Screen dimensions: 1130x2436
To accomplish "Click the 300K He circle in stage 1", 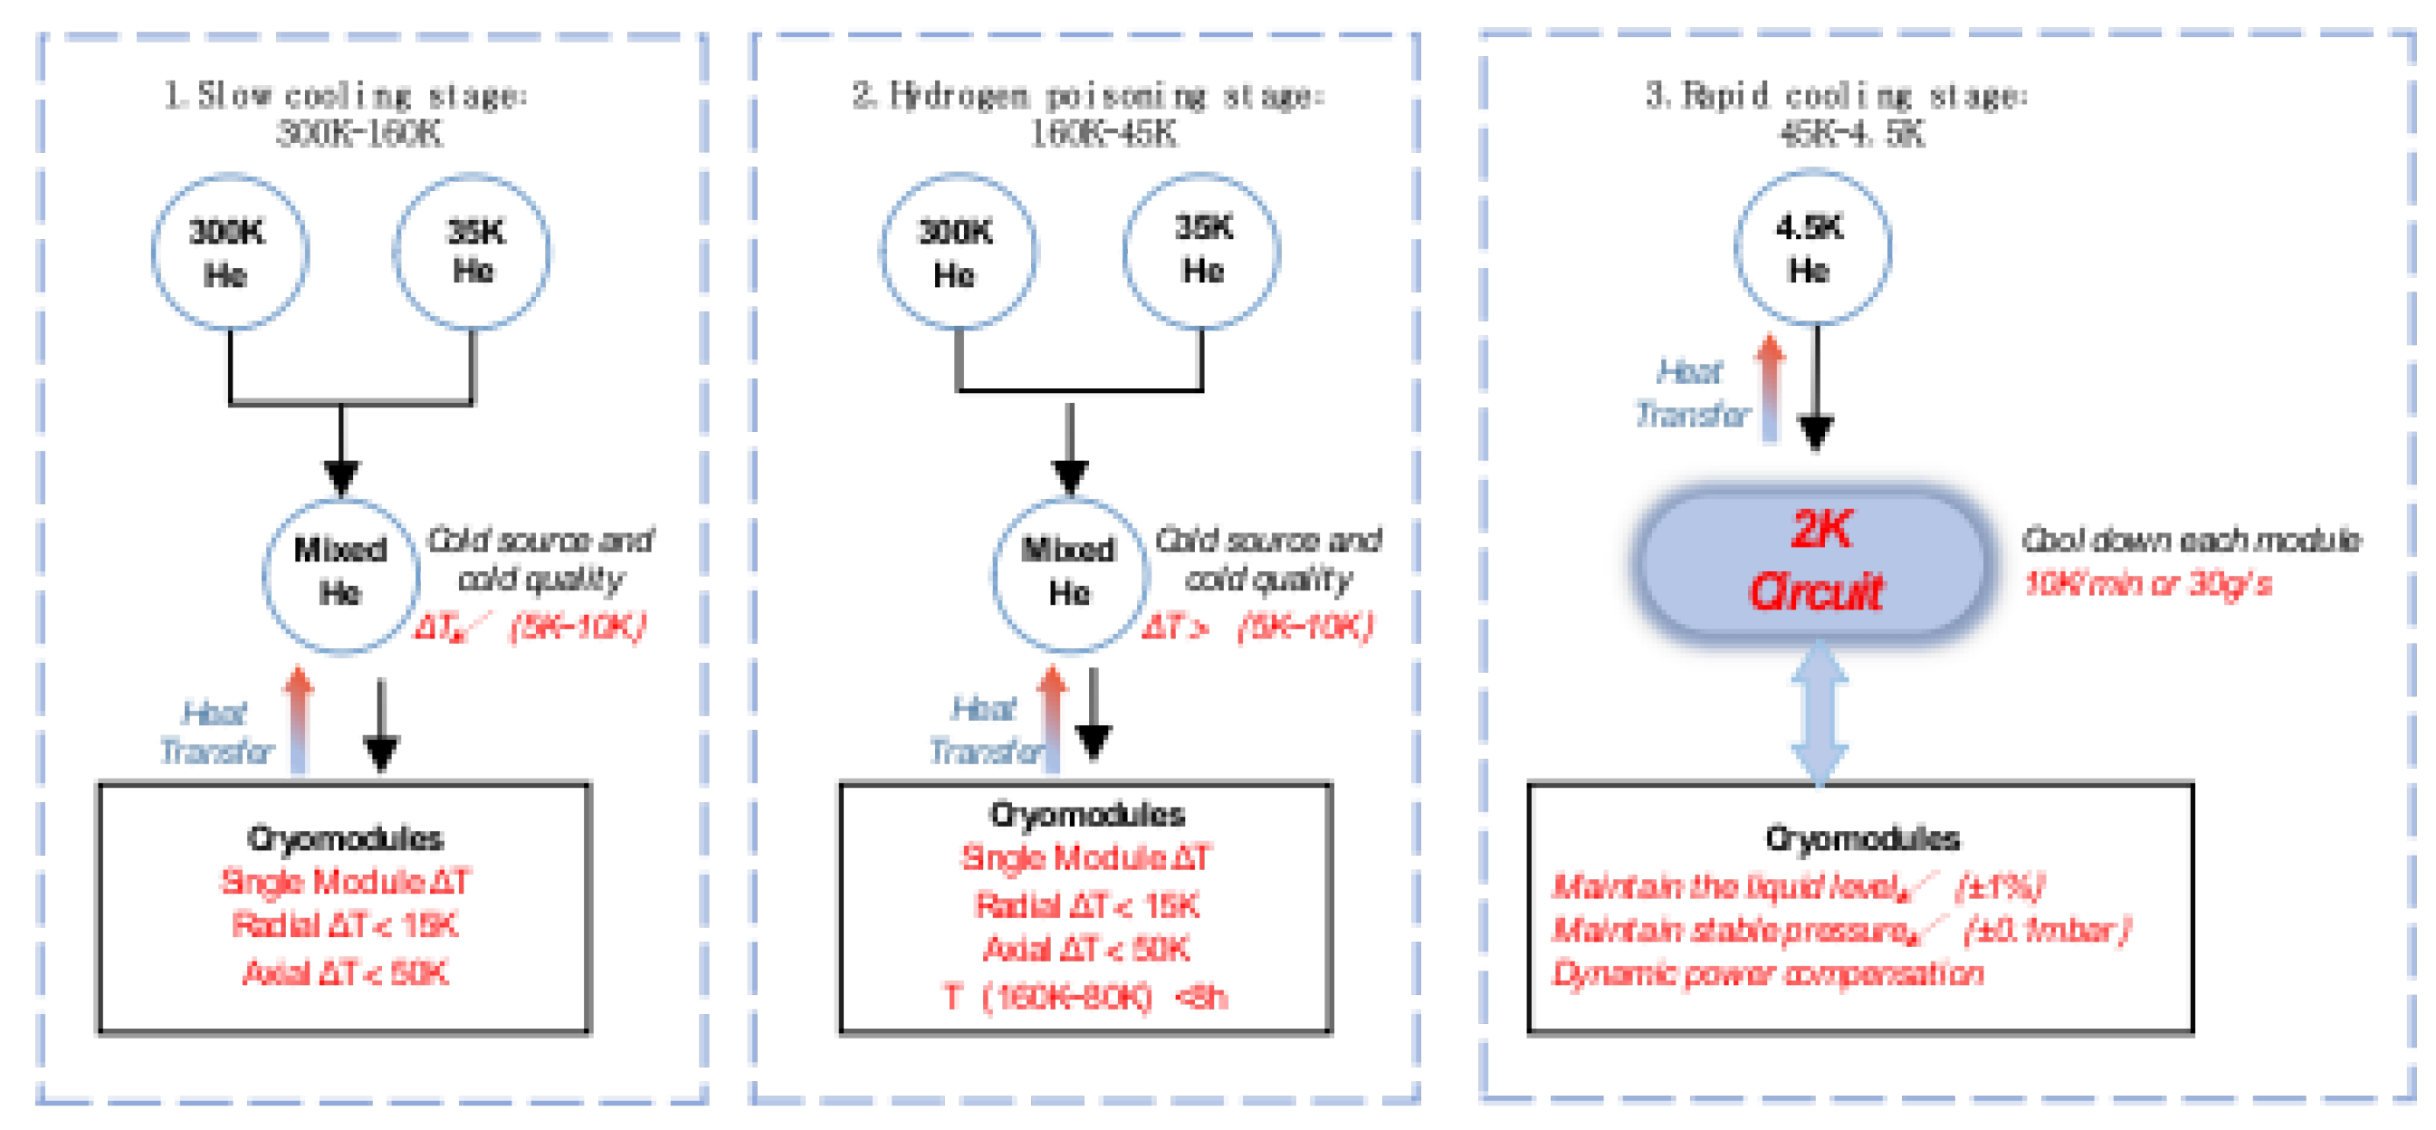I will point(229,253).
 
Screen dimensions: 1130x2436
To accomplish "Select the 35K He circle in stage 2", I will point(1201,251).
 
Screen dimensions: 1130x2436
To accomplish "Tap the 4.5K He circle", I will point(1812,248).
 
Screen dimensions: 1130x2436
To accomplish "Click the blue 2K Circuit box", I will point(1814,563).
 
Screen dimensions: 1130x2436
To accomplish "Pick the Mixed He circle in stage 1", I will point(340,573).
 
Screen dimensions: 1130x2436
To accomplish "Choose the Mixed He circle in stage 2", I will point(1069,573).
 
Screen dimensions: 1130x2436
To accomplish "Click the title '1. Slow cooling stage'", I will point(346,95).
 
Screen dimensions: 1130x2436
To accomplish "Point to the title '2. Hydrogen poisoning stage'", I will point(1087,95).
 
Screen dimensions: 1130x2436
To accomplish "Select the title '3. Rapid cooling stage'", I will point(1836,95).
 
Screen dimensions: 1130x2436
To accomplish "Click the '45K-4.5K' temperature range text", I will point(1850,134).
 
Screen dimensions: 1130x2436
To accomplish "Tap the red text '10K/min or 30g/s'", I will point(2146,583).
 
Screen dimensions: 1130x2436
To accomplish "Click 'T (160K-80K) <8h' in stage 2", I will point(1085,997).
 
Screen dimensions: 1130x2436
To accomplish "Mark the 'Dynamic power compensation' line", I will point(1767,973).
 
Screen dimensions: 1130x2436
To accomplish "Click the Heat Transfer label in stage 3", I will point(1691,392).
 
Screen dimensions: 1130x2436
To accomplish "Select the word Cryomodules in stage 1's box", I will point(345,838).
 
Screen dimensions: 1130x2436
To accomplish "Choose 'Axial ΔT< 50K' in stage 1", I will point(345,972).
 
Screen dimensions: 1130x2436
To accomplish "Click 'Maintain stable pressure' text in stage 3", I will point(1731,931).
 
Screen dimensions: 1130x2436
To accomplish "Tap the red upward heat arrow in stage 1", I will point(299,719).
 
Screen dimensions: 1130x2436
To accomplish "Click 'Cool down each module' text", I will point(2190,540).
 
